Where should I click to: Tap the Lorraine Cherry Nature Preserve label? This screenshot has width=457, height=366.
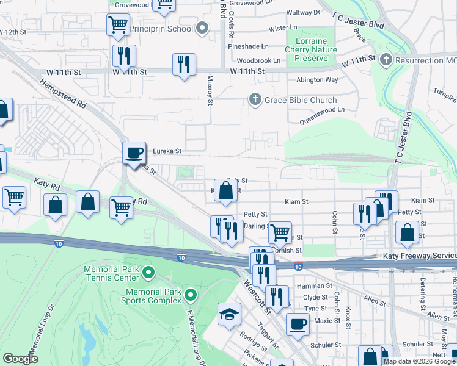tap(312, 50)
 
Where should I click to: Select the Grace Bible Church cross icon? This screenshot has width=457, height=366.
tap(254, 100)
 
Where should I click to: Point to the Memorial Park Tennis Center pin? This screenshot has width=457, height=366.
tap(148, 271)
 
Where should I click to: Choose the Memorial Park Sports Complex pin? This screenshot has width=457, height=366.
tap(191, 296)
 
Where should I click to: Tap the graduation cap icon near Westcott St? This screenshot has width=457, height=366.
tap(229, 315)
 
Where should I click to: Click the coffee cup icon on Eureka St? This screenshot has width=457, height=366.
tap(134, 153)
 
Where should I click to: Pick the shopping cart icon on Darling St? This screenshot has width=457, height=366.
tap(280, 232)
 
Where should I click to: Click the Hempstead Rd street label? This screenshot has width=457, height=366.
tap(64, 94)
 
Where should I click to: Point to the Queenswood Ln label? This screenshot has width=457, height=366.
tap(321, 110)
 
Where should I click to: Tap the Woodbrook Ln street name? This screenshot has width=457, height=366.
tap(258, 61)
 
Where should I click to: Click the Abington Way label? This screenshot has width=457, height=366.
tap(316, 79)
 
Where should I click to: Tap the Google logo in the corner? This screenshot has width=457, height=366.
tap(20, 359)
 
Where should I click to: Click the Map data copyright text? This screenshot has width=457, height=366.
tap(419, 361)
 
